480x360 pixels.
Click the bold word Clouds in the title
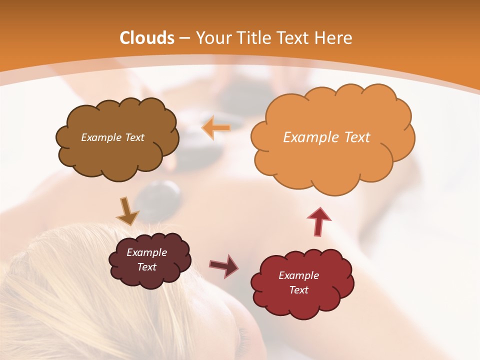[147, 38]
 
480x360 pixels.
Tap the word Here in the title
[333, 38]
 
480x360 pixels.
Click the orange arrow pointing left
[216, 127]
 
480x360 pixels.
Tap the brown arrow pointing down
[127, 211]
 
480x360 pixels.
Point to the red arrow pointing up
[319, 221]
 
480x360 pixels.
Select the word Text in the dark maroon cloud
[146, 267]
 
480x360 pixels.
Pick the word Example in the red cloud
[298, 275]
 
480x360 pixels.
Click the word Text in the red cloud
[298, 290]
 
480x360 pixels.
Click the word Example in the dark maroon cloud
[146, 252]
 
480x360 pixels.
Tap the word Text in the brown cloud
[134, 137]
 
